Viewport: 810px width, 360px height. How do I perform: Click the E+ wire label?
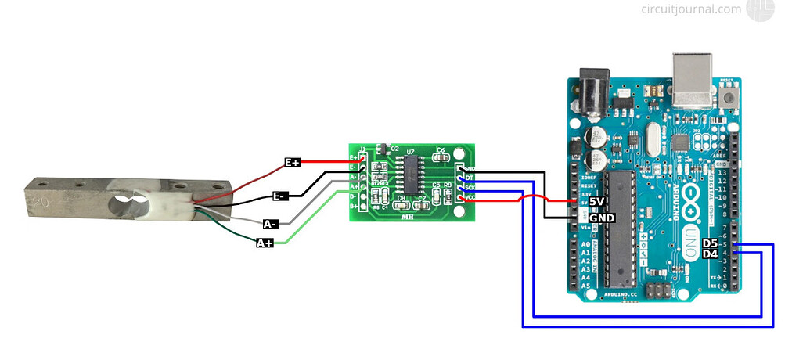coord(292,162)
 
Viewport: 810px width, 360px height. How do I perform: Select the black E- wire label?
coord(279,196)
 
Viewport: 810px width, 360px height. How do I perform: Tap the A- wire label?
coord(271,224)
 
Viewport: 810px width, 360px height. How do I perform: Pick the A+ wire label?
coord(265,243)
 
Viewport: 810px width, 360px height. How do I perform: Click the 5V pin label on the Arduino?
coord(597,201)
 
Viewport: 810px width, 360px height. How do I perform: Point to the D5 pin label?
coord(710,243)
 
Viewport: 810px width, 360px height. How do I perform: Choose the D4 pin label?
coord(710,254)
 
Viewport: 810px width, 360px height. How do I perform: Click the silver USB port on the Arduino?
coord(693,79)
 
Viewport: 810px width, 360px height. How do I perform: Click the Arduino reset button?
coord(730,98)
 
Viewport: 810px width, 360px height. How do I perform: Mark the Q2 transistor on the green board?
coord(383,149)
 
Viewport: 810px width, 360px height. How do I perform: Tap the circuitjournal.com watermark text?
coord(690,9)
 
